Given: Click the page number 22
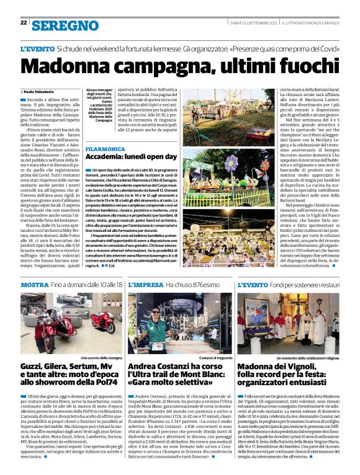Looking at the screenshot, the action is pos(24,23).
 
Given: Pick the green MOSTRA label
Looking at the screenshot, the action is pos(35,285).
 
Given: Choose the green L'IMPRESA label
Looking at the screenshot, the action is pos(146,285).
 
